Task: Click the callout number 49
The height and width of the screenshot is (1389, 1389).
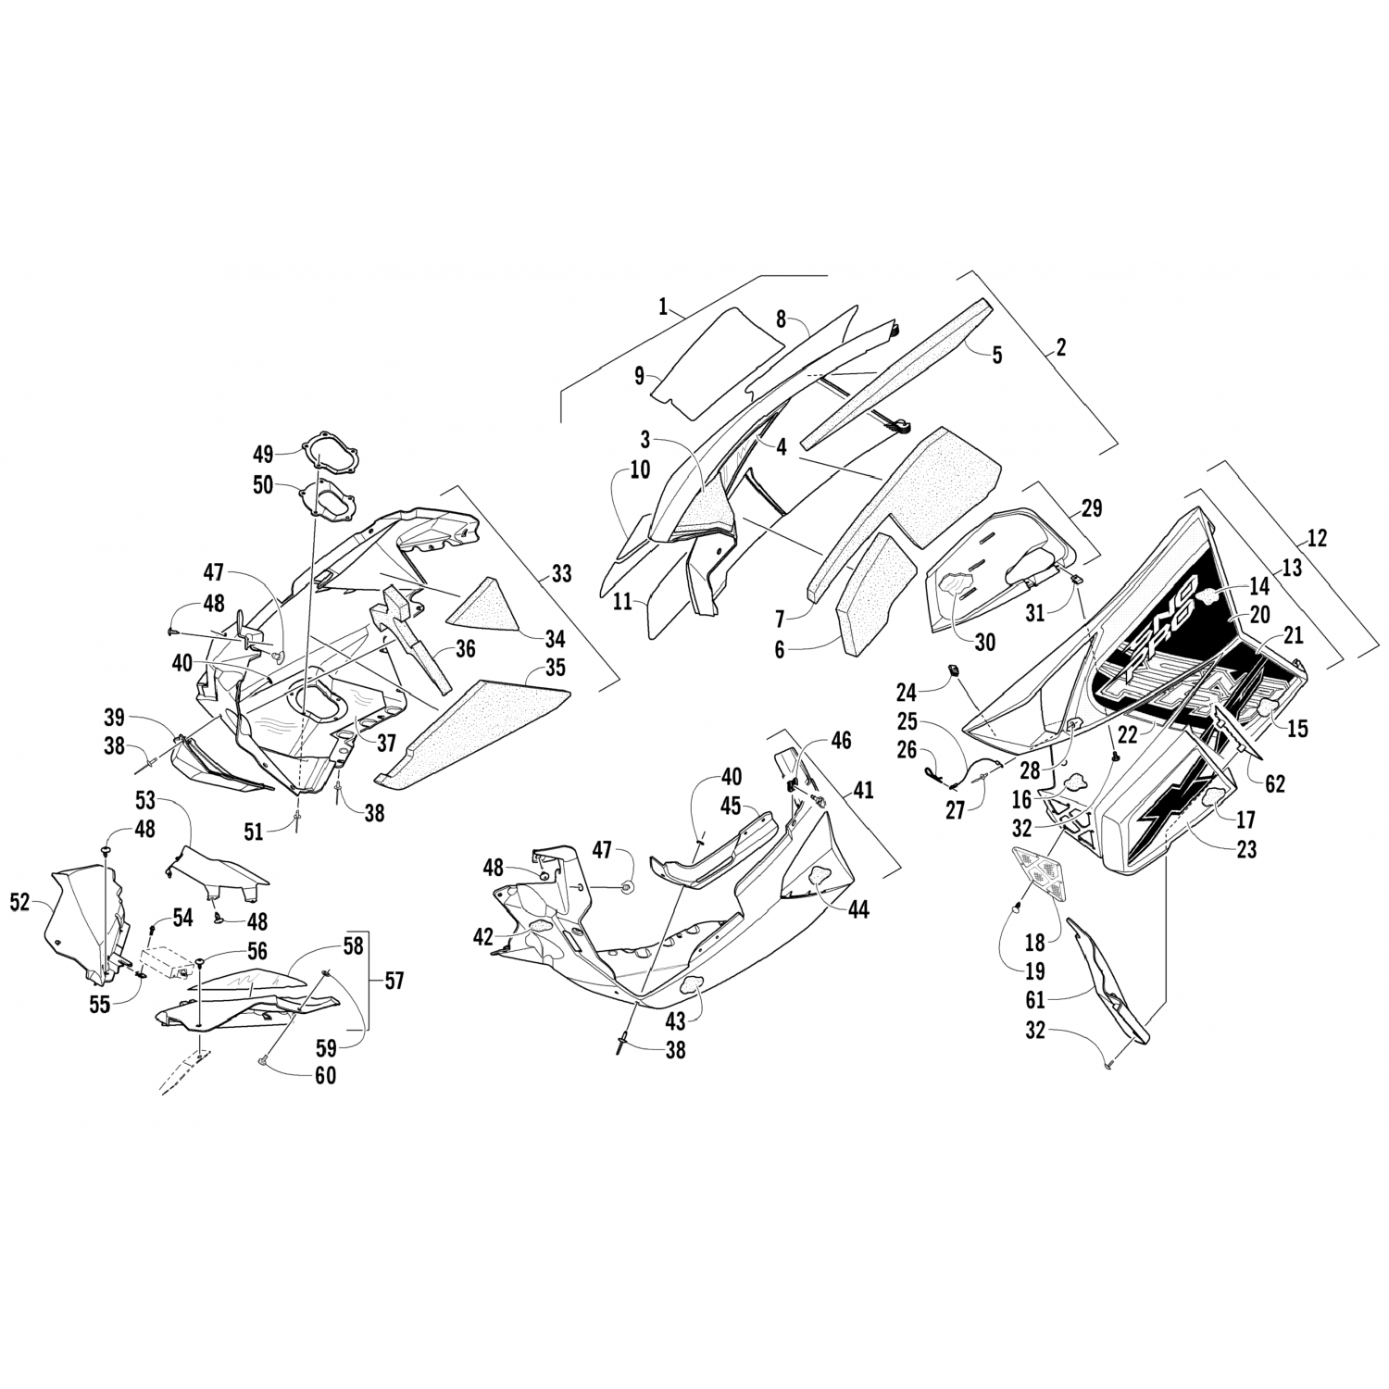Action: (263, 454)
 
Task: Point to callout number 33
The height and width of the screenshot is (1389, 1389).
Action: (561, 574)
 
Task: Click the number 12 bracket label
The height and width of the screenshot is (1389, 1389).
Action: (1317, 537)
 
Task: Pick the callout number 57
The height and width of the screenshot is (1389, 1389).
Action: (394, 980)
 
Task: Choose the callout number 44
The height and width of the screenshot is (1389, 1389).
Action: (859, 910)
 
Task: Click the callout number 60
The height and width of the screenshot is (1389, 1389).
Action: (324, 1075)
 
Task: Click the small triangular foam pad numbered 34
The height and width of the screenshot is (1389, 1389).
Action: (482, 602)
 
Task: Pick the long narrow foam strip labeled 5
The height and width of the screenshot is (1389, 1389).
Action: (889, 370)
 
